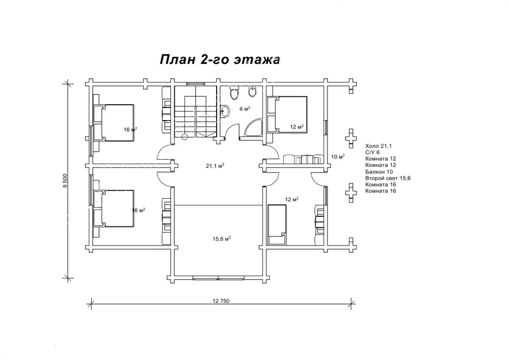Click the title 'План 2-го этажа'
[220, 60]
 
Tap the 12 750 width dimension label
[221, 301]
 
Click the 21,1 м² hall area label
[215, 166]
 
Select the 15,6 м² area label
[222, 239]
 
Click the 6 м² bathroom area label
[245, 109]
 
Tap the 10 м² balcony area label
[338, 157]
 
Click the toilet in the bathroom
[234, 93]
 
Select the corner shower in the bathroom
[253, 128]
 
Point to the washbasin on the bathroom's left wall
[225, 111]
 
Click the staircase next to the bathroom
[196, 112]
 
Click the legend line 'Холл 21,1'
[378, 146]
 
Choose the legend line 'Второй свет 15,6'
[388, 178]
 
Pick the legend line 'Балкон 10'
[379, 172]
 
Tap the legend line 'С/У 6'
[372, 152]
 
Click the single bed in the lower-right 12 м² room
[277, 224]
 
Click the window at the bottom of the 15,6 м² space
[218, 278]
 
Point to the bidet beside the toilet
[252, 92]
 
